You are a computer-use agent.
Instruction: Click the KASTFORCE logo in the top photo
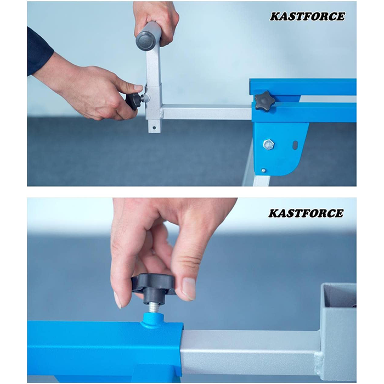tap(307, 16)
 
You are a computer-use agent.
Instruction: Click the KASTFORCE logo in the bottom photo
tap(306, 213)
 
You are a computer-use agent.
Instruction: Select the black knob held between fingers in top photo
tap(133, 101)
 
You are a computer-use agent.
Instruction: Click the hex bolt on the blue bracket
tap(268, 144)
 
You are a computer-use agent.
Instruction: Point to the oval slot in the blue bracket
tap(295, 145)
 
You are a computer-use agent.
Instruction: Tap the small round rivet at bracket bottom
tap(263, 170)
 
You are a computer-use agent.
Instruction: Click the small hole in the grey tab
tap(154, 128)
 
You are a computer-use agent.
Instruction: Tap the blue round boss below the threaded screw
tap(153, 320)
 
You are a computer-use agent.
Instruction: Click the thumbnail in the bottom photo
tap(189, 289)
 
